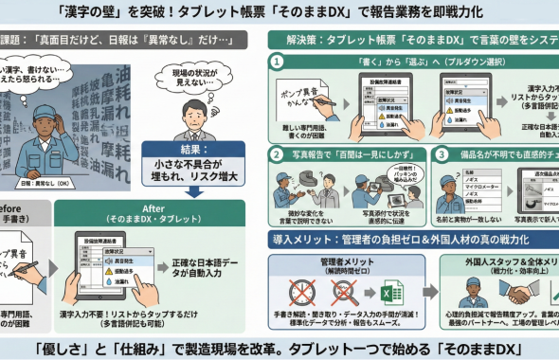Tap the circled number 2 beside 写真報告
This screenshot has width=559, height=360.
277,153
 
